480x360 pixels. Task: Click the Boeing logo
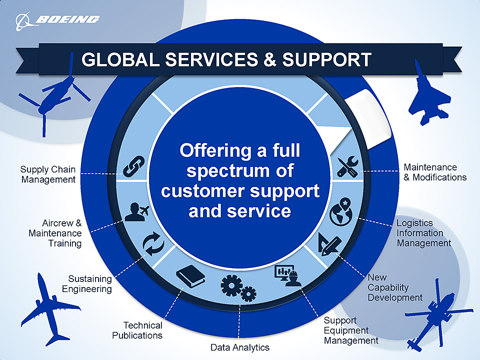[x=57, y=20]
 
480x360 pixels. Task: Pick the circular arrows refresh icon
[x=152, y=244]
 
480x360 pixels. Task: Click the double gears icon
[x=238, y=288]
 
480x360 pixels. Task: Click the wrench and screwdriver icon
[x=347, y=167]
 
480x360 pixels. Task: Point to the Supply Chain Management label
[x=48, y=174]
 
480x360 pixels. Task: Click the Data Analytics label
[x=239, y=347]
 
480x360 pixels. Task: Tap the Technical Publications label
[x=137, y=330]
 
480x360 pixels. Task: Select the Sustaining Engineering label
[x=87, y=283]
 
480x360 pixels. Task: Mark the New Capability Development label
[x=395, y=287]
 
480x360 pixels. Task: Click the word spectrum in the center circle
[x=240, y=170]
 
